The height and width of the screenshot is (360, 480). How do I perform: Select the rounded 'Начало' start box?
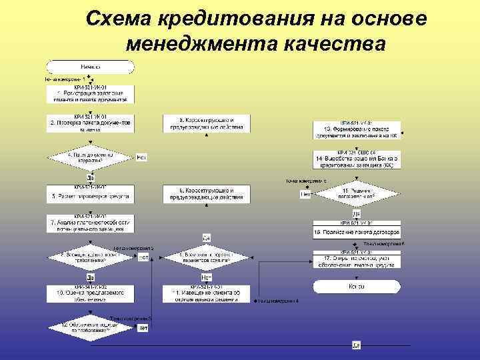tap(90, 67)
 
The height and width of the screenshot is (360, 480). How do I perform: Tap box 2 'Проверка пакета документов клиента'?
tap(90, 125)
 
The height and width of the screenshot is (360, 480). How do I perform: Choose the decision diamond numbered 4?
tap(90, 158)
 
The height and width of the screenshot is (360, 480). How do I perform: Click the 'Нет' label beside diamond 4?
tap(141, 158)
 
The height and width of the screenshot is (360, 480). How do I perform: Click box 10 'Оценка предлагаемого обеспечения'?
tap(90, 291)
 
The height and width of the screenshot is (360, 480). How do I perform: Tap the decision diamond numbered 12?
tap(90, 326)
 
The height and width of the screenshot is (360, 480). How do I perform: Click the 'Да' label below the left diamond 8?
tap(90, 275)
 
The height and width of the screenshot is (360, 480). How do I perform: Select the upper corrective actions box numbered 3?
tap(206, 123)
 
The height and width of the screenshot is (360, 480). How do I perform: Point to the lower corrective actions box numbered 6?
tap(206, 194)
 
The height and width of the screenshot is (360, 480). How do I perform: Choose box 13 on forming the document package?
tap(357, 131)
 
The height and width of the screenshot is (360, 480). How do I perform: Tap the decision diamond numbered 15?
tap(357, 193)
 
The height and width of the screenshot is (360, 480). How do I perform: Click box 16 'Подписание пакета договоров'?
tap(357, 231)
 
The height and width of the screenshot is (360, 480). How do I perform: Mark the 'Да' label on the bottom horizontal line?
tap(356, 345)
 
